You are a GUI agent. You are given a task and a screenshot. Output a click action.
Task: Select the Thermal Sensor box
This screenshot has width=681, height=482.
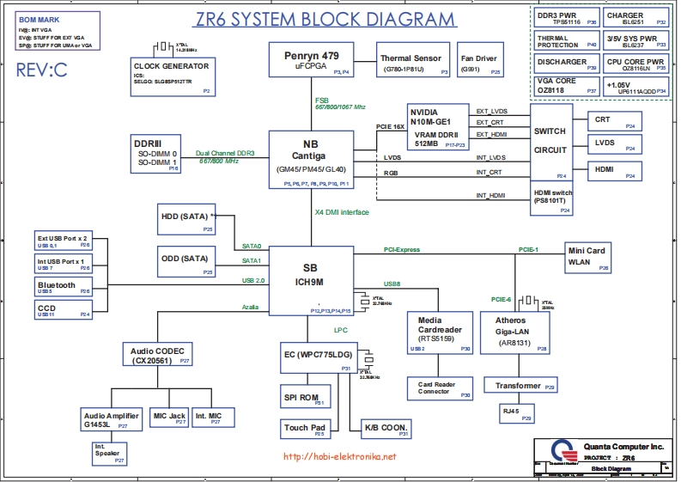410,63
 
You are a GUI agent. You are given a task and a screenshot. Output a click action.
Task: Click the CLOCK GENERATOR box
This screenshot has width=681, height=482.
172,76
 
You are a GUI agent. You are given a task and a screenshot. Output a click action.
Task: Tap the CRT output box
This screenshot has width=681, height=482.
613,121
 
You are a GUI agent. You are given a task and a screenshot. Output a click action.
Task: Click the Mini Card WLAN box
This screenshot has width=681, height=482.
587,258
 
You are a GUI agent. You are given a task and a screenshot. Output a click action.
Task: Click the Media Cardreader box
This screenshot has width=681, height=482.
440,332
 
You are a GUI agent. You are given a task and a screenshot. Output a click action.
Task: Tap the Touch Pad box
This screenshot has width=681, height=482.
306,429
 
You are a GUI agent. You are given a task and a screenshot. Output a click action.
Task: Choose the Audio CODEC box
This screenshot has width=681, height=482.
157,356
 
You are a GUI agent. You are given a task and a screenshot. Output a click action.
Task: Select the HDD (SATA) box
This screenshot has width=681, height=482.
185,221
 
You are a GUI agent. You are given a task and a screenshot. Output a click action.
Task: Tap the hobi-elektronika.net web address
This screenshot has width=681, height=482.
338,457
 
